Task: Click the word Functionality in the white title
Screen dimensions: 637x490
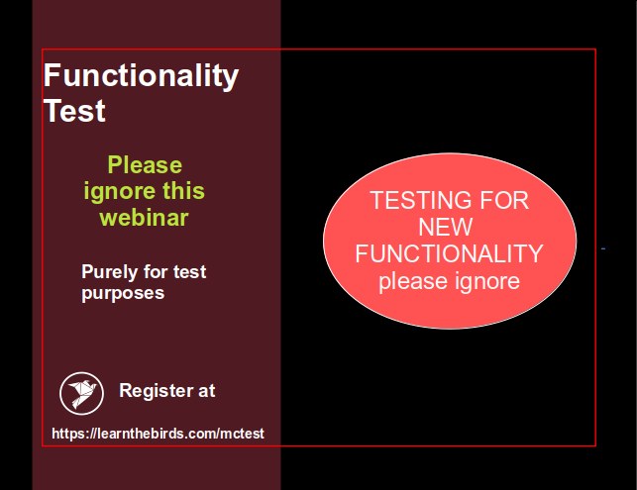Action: click(x=141, y=75)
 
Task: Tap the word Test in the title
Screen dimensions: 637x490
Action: click(x=74, y=111)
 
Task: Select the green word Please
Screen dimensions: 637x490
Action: click(x=145, y=165)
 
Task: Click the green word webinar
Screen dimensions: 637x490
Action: click(x=145, y=218)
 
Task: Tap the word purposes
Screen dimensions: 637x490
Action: click(x=123, y=294)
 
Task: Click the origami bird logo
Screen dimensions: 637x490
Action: click(x=81, y=393)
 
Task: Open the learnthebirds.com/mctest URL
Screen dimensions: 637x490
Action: click(x=159, y=434)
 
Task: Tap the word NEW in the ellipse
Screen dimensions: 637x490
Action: click(x=446, y=227)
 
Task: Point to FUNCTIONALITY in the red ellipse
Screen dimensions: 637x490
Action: click(x=450, y=253)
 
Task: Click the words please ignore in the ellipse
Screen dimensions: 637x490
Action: click(x=450, y=281)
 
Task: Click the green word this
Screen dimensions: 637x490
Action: click(x=183, y=191)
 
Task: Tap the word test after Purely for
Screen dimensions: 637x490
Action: click(x=190, y=272)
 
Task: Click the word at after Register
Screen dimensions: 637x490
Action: click(x=207, y=391)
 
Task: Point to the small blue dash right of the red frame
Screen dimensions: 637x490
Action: click(x=603, y=248)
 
